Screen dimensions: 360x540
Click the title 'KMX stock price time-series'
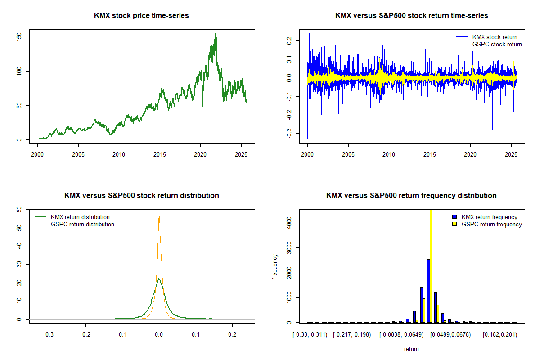(141, 16)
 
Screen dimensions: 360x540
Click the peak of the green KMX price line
(216, 34)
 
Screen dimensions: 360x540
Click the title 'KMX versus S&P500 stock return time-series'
(411, 16)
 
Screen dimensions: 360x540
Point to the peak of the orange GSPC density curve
(159, 216)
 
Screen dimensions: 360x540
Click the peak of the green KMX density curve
(159, 278)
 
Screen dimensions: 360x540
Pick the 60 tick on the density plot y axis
(19, 209)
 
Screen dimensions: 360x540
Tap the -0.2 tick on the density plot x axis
(85, 335)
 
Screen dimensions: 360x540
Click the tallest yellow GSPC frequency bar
(431, 265)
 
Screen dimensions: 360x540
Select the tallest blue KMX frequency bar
(428, 291)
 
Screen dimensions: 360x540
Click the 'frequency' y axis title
(275, 267)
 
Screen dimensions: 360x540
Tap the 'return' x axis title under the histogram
(411, 349)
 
